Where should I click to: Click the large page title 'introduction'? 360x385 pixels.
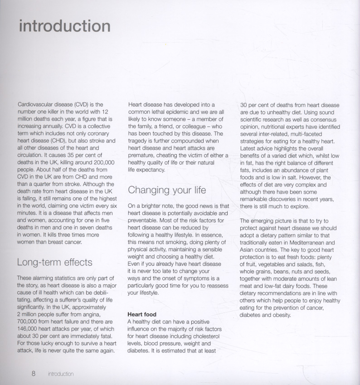65,26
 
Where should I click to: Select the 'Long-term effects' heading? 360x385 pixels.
54,262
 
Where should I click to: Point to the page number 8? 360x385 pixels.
34,374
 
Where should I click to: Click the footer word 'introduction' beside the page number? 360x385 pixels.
61,374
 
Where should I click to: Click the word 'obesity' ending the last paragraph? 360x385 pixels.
281,315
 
